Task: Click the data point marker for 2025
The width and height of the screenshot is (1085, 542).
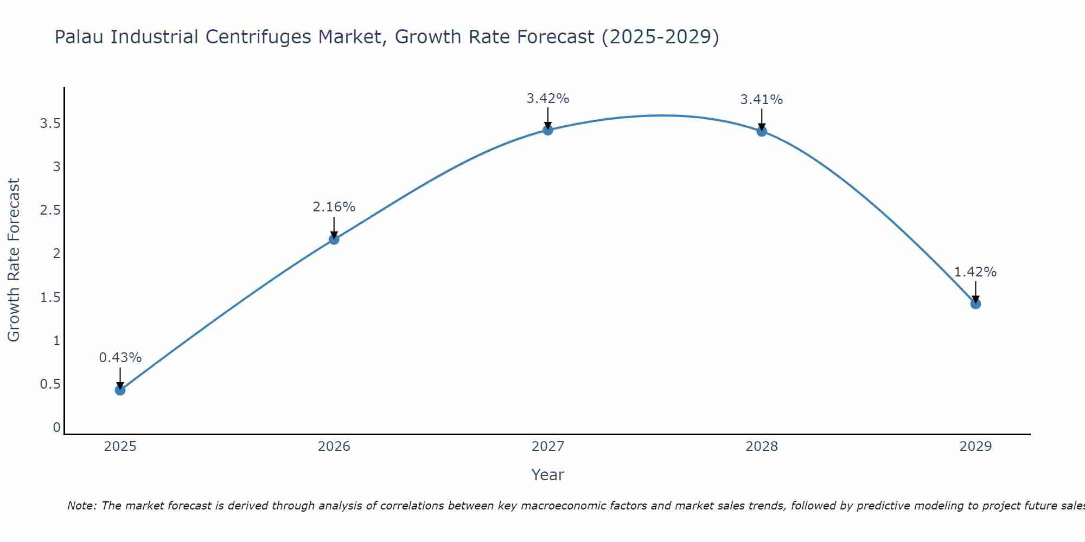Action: (x=120, y=390)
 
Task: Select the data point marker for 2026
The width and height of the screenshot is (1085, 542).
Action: (x=334, y=239)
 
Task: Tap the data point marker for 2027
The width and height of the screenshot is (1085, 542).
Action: (x=547, y=130)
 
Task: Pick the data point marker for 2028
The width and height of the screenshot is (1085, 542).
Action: (x=762, y=131)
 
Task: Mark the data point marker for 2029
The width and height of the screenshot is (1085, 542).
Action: (x=975, y=304)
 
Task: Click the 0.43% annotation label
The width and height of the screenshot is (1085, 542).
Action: (x=120, y=358)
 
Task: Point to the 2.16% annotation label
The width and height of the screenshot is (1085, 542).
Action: (x=334, y=207)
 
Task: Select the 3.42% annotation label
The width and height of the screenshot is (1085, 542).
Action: (x=547, y=99)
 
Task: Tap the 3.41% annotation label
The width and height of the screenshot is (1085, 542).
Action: (x=762, y=100)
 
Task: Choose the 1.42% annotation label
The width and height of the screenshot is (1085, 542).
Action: (x=975, y=272)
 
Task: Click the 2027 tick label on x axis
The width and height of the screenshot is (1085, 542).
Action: (x=547, y=447)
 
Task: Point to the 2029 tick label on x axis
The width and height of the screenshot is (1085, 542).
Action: (x=975, y=447)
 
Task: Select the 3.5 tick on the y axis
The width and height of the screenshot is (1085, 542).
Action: (x=50, y=124)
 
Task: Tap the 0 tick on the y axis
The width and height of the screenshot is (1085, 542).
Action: (x=56, y=428)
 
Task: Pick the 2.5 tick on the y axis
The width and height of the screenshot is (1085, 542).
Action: (x=50, y=210)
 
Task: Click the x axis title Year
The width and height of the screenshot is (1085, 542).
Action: (x=547, y=475)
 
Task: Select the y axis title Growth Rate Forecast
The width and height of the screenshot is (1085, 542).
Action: (x=14, y=260)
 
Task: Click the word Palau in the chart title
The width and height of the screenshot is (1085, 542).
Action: (x=80, y=37)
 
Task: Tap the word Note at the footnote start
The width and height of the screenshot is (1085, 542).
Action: (x=81, y=506)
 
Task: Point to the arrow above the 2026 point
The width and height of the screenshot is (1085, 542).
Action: (x=334, y=227)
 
